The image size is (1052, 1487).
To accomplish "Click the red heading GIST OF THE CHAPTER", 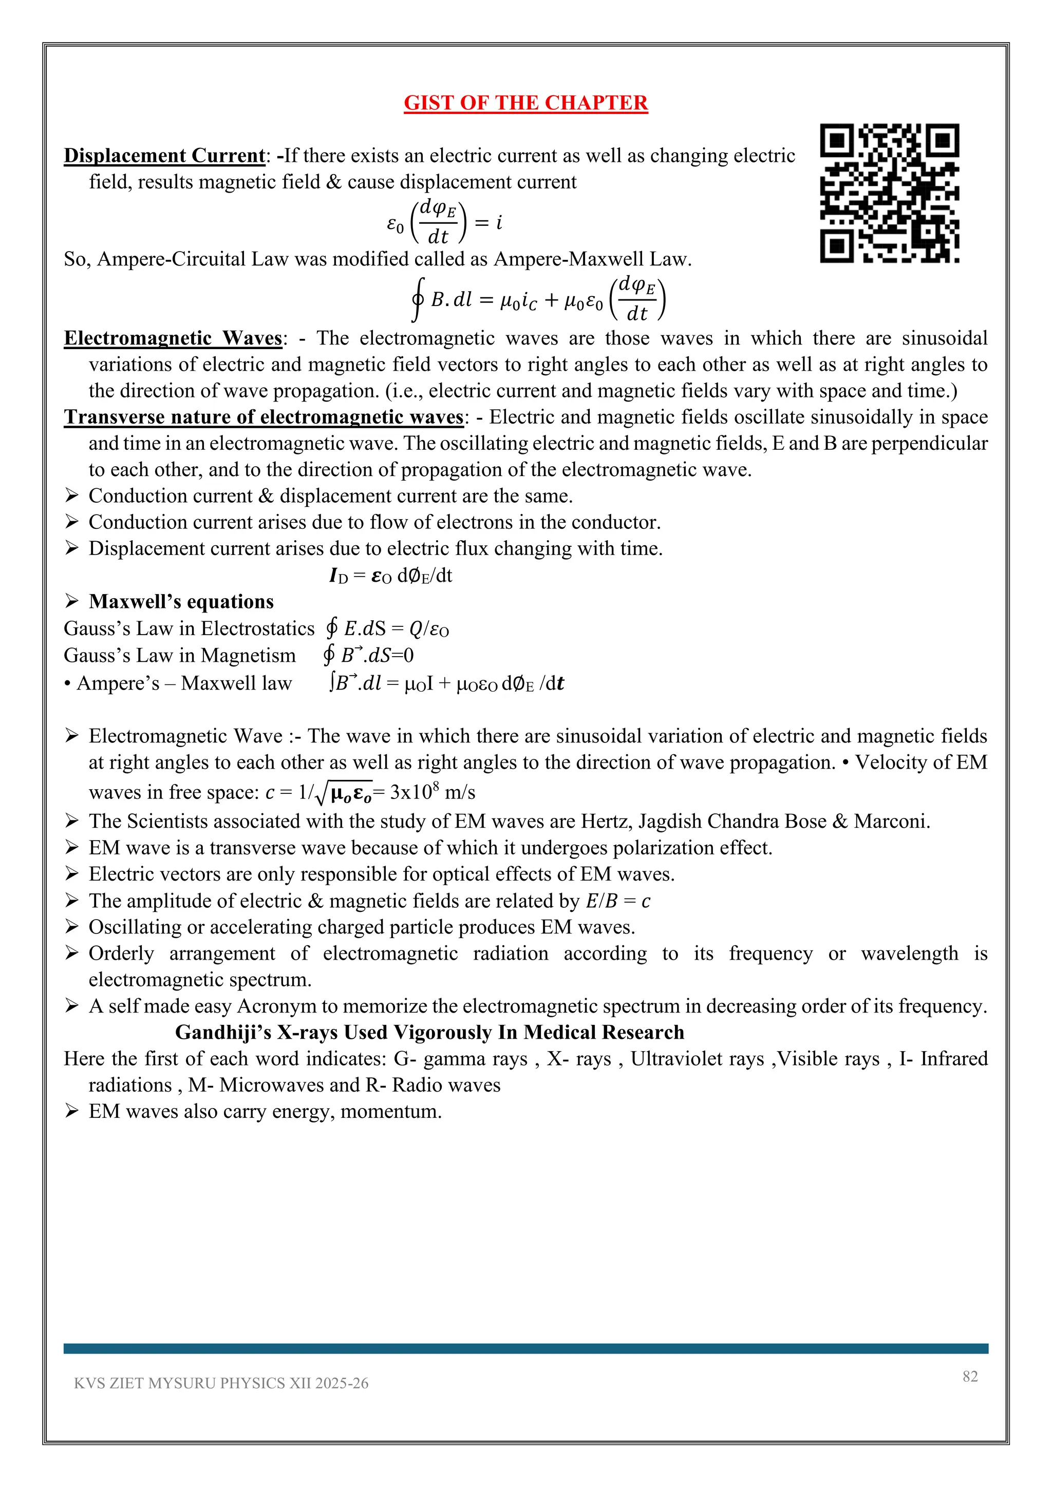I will (525, 103).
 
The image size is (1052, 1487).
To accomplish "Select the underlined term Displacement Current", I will (164, 156).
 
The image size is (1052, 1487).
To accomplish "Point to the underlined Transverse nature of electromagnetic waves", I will (264, 417).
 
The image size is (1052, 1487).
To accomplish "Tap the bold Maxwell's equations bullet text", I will (181, 602).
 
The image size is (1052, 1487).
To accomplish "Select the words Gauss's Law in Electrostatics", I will (189, 629).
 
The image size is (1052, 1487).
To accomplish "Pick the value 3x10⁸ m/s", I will (433, 792).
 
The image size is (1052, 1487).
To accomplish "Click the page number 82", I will (970, 1376).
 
